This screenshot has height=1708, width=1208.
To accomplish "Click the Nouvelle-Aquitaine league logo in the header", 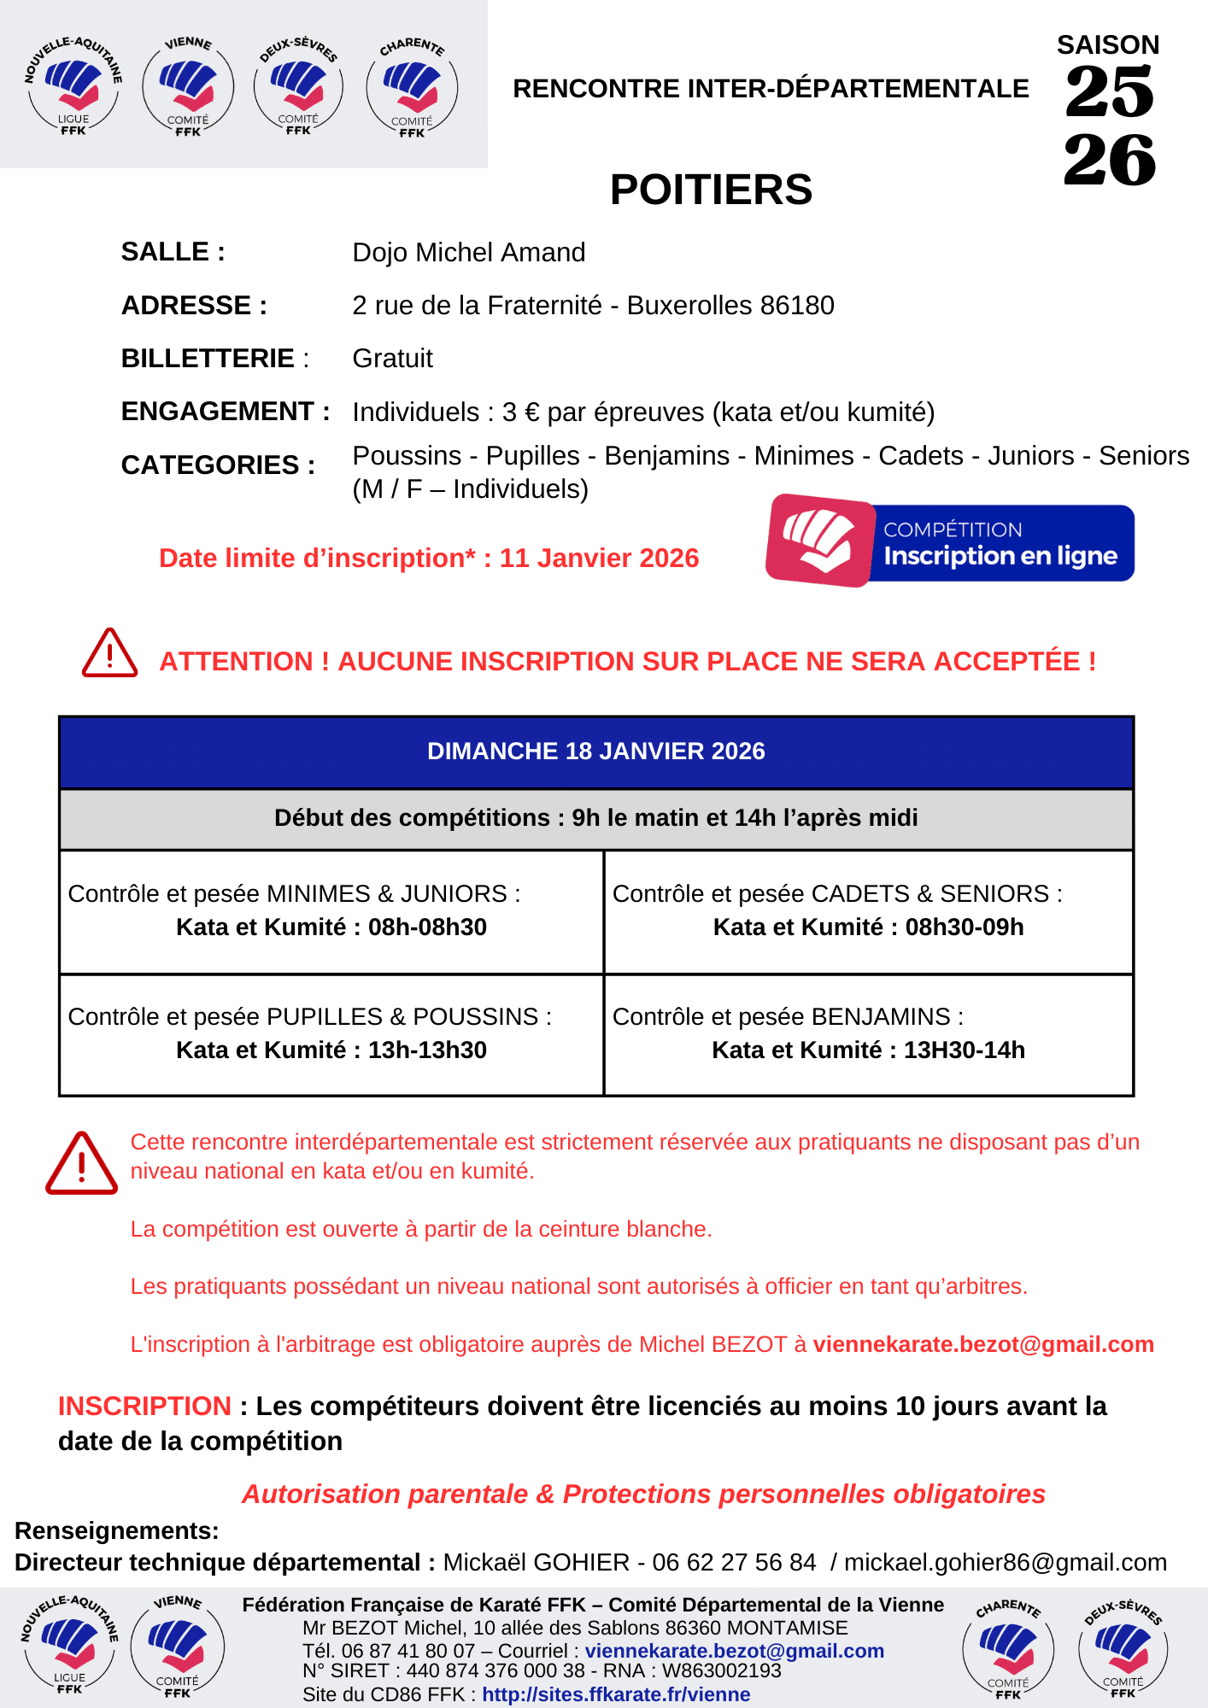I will point(73,85).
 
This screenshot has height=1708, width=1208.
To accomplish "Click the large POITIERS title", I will point(711,190).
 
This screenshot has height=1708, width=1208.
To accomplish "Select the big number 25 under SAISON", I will point(1109,92).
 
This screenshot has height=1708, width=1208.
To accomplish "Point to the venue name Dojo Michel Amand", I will point(468,253).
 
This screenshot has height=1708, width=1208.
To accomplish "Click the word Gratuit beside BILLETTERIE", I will point(392,359).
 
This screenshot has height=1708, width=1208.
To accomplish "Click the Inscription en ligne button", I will point(951,542).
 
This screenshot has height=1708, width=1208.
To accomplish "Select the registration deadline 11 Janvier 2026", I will point(599,559).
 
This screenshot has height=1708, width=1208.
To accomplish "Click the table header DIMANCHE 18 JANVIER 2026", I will point(595,752).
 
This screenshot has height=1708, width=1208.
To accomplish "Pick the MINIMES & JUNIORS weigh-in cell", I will point(331,910).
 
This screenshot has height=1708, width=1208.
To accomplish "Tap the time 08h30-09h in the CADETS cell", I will point(964,927).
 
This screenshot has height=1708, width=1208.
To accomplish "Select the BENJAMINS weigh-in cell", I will point(868,1033).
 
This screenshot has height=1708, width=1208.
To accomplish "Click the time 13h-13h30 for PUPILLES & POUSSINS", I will point(427,1050).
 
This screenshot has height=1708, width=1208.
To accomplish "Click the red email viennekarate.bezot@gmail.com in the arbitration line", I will point(982,1345).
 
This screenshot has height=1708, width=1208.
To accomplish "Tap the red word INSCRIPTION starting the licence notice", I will point(144,1407).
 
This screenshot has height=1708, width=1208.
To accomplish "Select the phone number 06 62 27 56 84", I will point(734,1563).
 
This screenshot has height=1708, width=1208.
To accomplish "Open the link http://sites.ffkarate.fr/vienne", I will point(616,1694).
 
